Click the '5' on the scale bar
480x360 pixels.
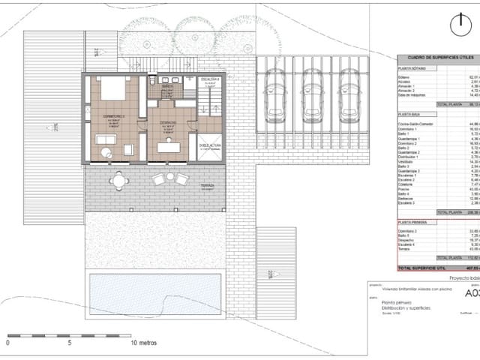coord(70,342)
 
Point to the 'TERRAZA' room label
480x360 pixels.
coord(208,185)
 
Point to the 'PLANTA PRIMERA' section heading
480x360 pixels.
coord(412,223)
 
